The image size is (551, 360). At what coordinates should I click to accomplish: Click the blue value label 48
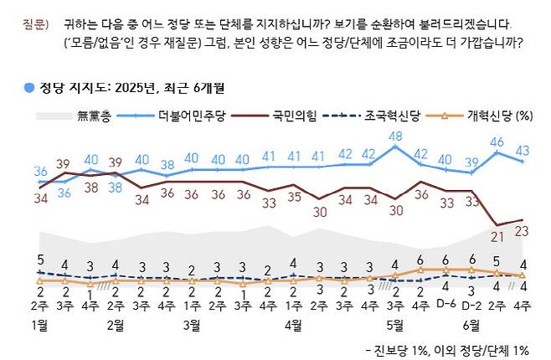(x=396, y=136)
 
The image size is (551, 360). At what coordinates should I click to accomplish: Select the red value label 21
(x=497, y=236)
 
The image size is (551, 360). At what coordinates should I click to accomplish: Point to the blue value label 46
(x=497, y=142)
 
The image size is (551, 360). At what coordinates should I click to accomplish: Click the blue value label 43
(x=523, y=149)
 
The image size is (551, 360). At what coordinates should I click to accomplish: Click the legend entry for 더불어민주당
(x=182, y=116)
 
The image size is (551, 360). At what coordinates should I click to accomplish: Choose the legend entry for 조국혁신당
(x=388, y=116)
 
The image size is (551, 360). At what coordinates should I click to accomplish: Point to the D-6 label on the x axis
(x=446, y=305)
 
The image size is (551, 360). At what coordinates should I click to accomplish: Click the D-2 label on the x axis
(x=472, y=305)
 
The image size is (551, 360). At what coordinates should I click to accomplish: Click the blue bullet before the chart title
(x=28, y=87)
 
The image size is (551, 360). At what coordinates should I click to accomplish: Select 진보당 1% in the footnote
(x=403, y=348)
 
